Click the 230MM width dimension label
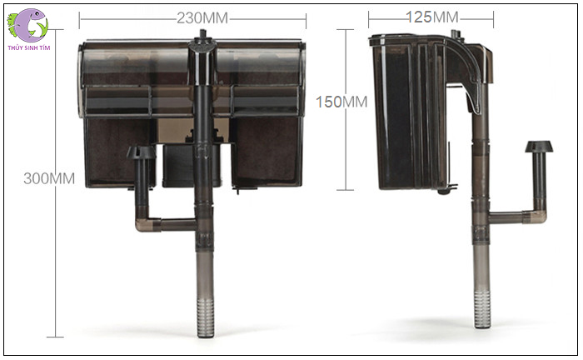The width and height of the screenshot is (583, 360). tap(204, 17)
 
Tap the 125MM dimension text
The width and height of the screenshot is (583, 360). tap(431, 17)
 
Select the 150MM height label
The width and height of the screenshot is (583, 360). tap(341, 102)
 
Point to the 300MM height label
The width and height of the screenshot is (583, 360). tap(49, 178)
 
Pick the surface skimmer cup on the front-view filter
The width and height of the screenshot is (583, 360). tap(141, 153)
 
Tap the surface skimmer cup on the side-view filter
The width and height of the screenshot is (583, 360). tap(536, 149)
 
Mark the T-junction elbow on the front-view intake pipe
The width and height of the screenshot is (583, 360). tap(200, 223)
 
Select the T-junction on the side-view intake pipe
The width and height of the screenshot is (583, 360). tap(481, 218)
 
